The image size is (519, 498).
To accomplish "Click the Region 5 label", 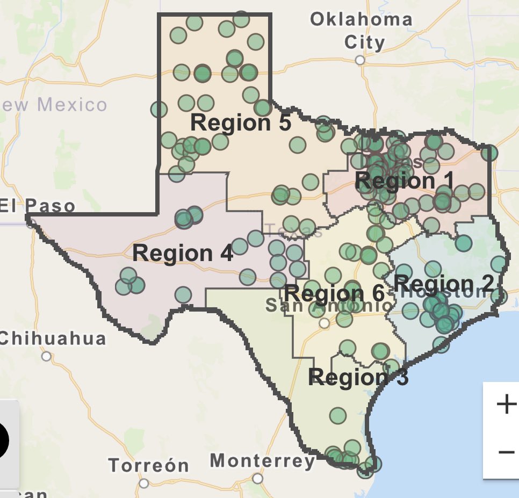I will pyautogui.click(x=241, y=123).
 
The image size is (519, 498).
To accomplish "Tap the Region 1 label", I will pyautogui.click(x=405, y=181).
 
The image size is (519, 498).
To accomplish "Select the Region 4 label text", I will pyautogui.click(x=183, y=253).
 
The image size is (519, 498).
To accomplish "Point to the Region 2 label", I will pyautogui.click(x=443, y=283).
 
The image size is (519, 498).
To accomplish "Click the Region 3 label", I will pyautogui.click(x=358, y=377).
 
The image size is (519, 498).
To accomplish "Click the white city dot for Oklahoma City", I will pyautogui.click(x=360, y=60).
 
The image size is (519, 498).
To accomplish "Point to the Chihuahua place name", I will pyautogui.click(x=53, y=338).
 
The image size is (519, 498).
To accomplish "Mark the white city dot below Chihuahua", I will pyautogui.click(x=47, y=356).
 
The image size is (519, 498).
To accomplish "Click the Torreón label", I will pyautogui.click(x=149, y=465).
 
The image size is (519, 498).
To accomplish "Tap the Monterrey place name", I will pyautogui.click(x=262, y=461).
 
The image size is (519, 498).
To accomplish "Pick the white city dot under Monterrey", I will pyautogui.click(x=258, y=478).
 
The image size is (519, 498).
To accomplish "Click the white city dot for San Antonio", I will pyautogui.click(x=324, y=323).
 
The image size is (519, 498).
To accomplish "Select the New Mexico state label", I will pyautogui.click(x=54, y=104).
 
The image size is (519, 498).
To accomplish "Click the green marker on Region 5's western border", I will pyautogui.click(x=158, y=110).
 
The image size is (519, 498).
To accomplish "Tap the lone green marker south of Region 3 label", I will pyautogui.click(x=338, y=415).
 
